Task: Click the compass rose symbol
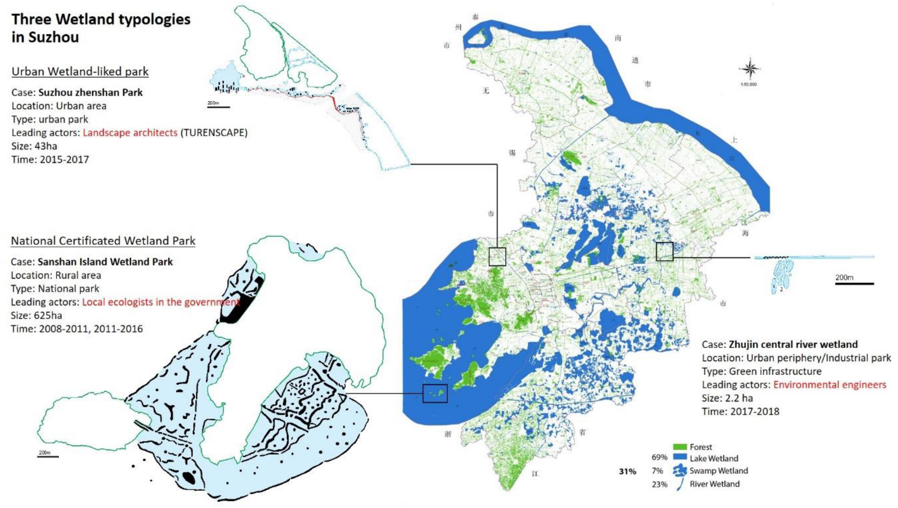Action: [749, 69]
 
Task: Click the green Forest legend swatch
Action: [679, 447]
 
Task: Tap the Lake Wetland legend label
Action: [714, 458]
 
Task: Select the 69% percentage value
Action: [659, 457]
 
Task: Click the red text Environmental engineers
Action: [829, 385]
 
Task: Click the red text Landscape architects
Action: [130, 133]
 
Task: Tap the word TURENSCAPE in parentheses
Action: [214, 133]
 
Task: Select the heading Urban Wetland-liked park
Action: [80, 71]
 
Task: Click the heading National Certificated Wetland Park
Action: [103, 241]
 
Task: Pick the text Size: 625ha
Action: [36, 316]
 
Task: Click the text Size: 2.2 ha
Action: [727, 398]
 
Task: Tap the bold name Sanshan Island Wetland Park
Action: [105, 262]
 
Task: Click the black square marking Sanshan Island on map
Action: [435, 394]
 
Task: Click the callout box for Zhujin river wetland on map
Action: [664, 251]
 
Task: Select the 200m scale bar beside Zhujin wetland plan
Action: [854, 283]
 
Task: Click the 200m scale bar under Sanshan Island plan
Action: [48, 456]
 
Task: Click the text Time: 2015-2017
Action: [50, 160]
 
